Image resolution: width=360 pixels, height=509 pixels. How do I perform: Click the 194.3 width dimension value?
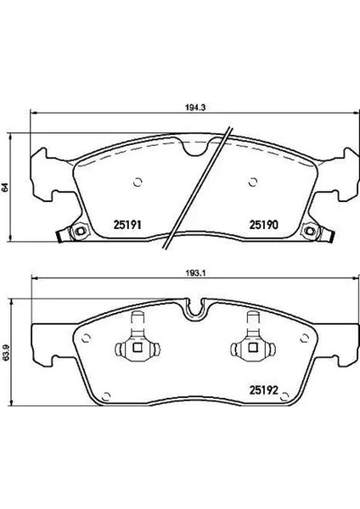(x=196, y=108)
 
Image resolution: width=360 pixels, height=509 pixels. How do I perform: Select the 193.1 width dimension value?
(x=196, y=273)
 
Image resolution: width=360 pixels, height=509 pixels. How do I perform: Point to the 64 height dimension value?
(x=4, y=187)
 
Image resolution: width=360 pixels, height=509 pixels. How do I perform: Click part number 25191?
(x=127, y=225)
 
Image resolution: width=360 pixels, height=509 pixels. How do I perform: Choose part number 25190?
(x=264, y=225)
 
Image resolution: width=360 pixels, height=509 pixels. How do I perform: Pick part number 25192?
(x=264, y=390)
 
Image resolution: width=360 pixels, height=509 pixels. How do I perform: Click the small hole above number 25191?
(x=138, y=182)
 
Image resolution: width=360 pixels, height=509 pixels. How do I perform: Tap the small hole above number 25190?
(x=252, y=182)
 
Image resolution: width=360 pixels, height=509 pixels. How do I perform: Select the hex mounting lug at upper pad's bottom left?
(x=80, y=231)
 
